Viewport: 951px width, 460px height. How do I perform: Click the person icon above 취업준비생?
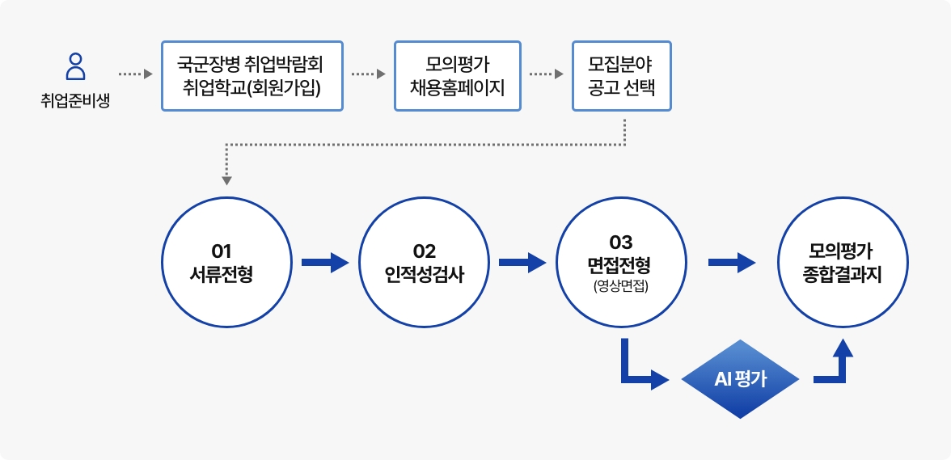[75, 66]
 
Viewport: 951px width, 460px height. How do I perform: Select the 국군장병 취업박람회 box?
[251, 75]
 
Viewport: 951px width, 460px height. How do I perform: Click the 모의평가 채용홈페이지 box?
[458, 75]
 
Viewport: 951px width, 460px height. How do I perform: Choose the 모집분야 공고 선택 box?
[621, 75]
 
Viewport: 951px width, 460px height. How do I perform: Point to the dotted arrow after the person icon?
[135, 74]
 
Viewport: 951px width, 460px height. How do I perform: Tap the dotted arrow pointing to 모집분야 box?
[546, 74]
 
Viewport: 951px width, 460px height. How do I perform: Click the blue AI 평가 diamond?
[741, 379]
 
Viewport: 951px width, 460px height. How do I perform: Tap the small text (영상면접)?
[622, 285]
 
